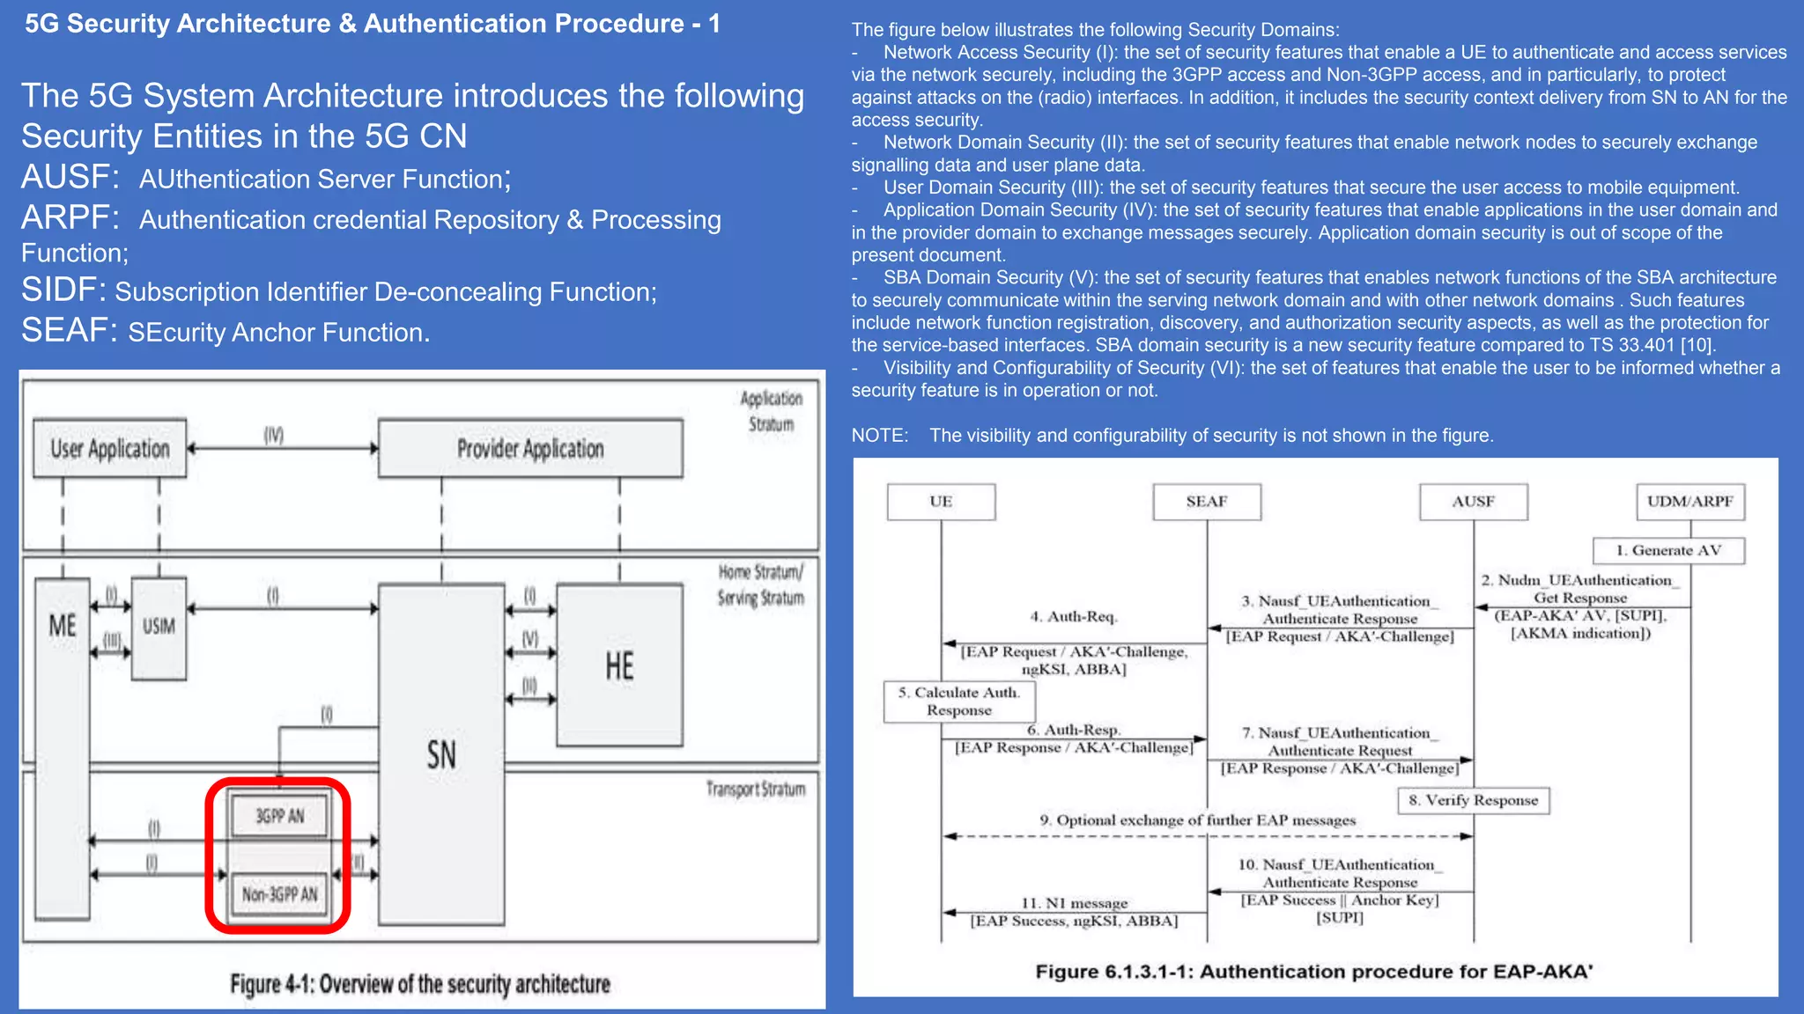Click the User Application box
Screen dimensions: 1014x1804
[x=109, y=449]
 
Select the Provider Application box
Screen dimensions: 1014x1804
[x=530, y=449]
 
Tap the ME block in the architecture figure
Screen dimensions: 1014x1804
[x=62, y=748]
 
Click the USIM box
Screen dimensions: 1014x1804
[x=159, y=627]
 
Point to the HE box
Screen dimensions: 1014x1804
[x=619, y=665]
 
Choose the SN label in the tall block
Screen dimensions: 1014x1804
[x=441, y=755]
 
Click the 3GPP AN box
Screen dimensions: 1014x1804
[x=279, y=816]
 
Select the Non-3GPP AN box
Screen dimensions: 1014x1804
[x=279, y=894]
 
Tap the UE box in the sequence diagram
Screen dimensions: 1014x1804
[x=941, y=502]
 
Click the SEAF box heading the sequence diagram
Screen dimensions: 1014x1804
[x=1207, y=502]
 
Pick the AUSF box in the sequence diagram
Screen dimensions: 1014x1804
[x=1473, y=502]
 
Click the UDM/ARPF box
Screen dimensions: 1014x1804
[x=1689, y=502]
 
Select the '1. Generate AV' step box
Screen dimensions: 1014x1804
[x=1668, y=550]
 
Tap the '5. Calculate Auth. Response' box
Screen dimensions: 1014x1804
[x=959, y=702]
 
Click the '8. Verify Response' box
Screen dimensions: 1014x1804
[x=1473, y=800]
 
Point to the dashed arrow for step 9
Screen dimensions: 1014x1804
[x=1207, y=836]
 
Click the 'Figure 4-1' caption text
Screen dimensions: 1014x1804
[x=420, y=983]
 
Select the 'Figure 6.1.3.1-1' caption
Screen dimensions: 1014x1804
[x=1313, y=972]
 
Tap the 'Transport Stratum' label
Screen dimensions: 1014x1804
[x=756, y=789]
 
